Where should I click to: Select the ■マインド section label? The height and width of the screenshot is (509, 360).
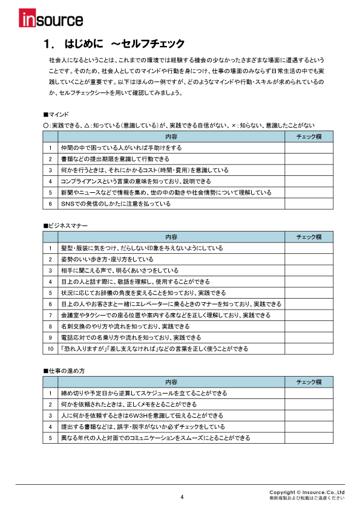pos(56,114)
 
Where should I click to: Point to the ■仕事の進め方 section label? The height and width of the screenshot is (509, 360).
pos(64,371)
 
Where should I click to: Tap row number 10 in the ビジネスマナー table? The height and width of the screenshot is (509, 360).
pos(50,349)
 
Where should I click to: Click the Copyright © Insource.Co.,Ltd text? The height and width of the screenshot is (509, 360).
pos(307,492)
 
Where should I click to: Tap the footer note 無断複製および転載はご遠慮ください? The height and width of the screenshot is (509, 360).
pos(307,498)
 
